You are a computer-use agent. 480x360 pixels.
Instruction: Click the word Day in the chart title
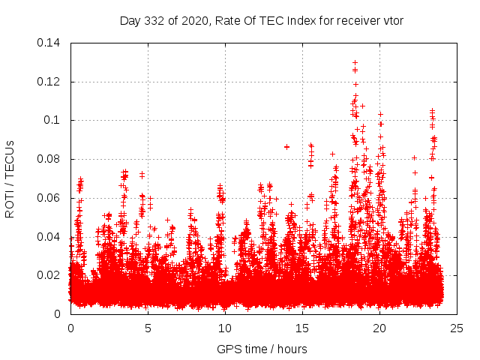[130, 20]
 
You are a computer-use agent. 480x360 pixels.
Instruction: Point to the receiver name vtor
[391, 20]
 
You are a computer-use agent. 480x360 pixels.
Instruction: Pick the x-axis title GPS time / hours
[262, 349]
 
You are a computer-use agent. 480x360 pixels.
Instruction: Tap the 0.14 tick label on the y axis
[50, 43]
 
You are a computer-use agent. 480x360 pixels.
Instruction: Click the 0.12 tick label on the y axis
[50, 82]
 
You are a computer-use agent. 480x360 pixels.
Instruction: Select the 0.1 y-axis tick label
[53, 120]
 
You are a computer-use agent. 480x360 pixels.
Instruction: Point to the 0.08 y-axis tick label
[50, 159]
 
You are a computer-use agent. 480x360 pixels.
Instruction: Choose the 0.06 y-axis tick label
[50, 198]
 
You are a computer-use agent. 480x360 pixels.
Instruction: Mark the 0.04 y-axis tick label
[50, 237]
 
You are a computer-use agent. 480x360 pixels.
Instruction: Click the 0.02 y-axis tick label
[50, 275]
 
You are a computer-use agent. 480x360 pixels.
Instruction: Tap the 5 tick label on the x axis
[148, 328]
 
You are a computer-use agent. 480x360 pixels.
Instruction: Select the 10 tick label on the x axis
[225, 328]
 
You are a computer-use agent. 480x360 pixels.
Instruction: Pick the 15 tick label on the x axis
[302, 328]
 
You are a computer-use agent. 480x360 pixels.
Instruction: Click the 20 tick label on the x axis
[379, 328]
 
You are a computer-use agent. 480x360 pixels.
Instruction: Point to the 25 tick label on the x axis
[457, 328]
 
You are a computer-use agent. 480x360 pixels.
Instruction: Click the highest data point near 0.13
[355, 62]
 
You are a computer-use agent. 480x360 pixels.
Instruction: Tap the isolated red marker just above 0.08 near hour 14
[286, 147]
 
